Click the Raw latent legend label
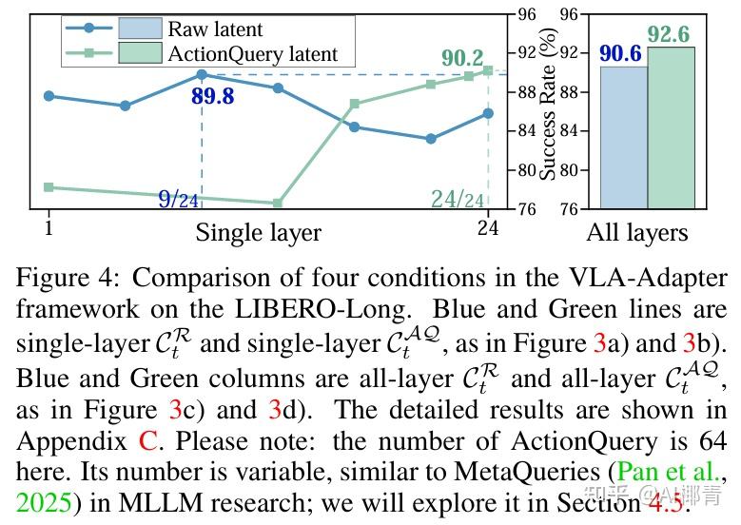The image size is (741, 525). [215, 29]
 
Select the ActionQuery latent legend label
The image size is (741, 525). [252, 54]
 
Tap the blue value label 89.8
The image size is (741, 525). [212, 95]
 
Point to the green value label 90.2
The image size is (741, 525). [462, 58]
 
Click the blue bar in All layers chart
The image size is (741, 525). [624, 137]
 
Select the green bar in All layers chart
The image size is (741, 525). [671, 127]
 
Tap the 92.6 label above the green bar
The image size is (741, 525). [670, 34]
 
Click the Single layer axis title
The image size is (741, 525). [259, 232]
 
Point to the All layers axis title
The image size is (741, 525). [637, 233]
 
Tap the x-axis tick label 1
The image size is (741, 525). [48, 229]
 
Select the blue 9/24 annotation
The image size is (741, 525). [178, 199]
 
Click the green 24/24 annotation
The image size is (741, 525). [458, 199]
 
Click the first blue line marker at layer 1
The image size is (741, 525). [49, 96]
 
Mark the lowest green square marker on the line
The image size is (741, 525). [277, 203]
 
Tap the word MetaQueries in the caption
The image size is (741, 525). [457, 471]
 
